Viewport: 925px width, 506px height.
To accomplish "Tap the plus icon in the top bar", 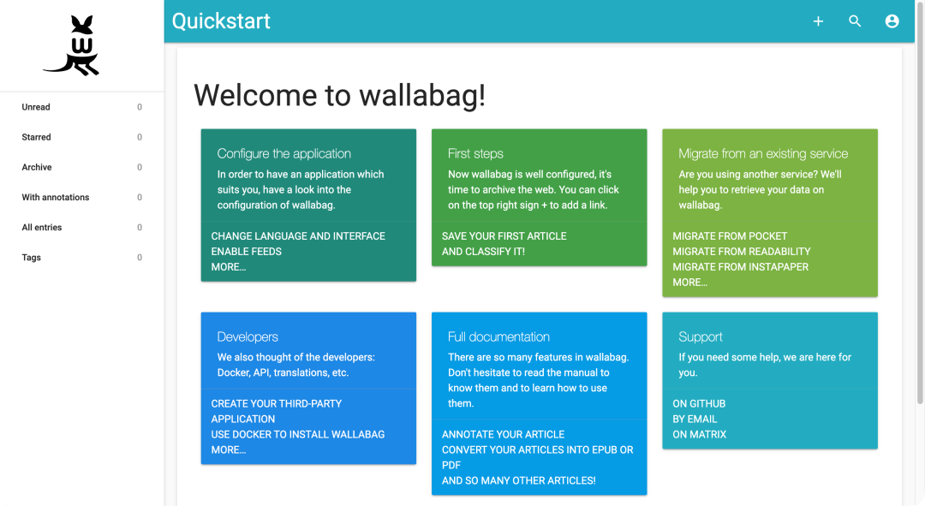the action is click(x=818, y=21).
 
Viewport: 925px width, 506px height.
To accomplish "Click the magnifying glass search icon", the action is click(x=855, y=21).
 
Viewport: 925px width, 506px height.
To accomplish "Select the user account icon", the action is click(x=892, y=21).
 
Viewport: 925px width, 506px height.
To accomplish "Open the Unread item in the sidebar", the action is click(x=36, y=107).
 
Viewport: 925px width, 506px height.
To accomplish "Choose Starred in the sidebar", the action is click(x=37, y=137).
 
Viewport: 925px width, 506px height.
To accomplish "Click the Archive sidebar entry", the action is click(x=37, y=167).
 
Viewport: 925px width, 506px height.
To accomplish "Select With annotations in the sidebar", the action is click(x=56, y=197).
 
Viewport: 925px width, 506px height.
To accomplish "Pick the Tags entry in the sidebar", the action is click(x=32, y=257).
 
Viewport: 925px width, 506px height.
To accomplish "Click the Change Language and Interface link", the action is click(x=298, y=236).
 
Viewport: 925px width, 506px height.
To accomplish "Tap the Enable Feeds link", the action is click(x=247, y=251).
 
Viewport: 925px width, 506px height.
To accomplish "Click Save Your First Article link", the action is click(x=504, y=236).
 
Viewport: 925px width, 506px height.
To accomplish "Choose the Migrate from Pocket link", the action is click(x=730, y=236).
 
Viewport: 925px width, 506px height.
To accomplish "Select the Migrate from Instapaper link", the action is click(x=740, y=266).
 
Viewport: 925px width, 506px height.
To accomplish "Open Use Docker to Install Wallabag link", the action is click(x=298, y=434).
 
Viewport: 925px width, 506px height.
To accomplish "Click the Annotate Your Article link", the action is click(x=504, y=434).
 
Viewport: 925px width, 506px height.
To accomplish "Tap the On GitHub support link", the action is click(x=699, y=403).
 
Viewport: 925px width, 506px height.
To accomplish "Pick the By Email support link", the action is click(x=695, y=419).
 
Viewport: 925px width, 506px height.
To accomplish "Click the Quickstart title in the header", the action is click(x=221, y=21).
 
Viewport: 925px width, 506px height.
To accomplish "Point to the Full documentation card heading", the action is click(x=498, y=336).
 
